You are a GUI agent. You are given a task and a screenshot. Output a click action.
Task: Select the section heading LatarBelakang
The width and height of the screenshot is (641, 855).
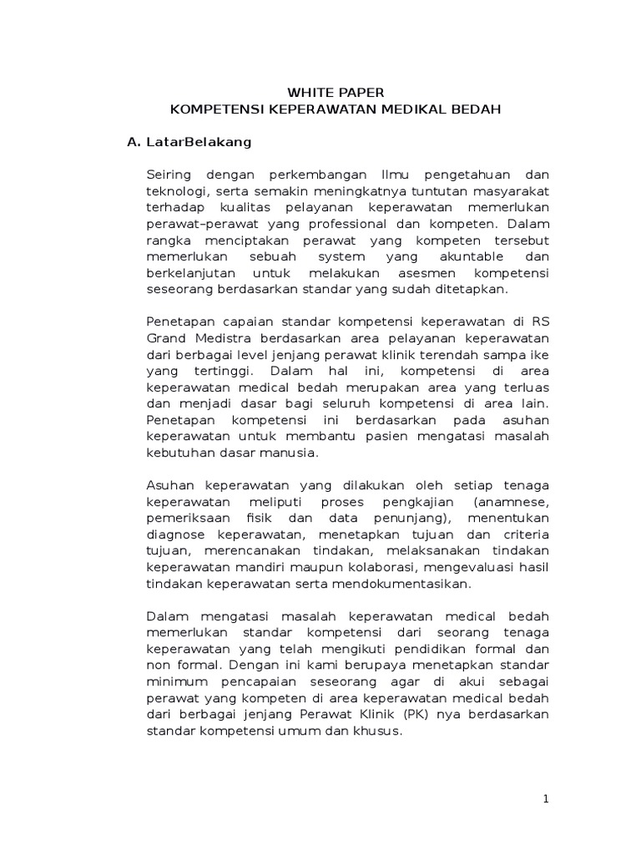coord(199,142)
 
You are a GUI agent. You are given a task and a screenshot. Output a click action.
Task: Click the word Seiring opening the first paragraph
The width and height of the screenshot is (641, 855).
coord(169,175)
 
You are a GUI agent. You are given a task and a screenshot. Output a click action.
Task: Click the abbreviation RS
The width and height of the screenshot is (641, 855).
coord(541,321)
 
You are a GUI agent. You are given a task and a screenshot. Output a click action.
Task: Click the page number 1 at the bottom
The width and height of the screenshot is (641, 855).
coord(546,799)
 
